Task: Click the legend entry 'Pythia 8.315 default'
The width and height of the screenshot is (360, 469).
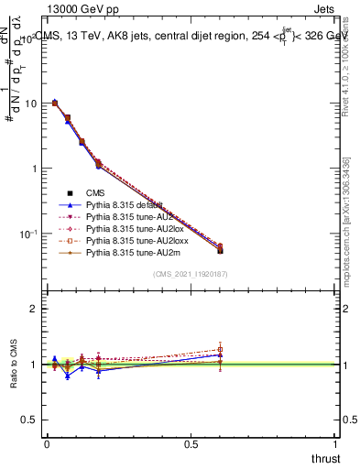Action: [x=123, y=205]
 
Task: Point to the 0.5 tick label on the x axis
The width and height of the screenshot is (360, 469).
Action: [x=191, y=443]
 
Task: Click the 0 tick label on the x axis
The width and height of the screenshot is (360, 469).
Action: [x=47, y=443]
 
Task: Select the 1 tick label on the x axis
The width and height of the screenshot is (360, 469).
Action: [x=336, y=443]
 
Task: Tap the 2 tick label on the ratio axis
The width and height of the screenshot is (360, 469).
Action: [x=33, y=309]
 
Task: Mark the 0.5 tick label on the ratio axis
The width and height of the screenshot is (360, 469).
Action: [x=29, y=420]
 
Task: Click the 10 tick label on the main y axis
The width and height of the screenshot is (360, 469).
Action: [x=29, y=104]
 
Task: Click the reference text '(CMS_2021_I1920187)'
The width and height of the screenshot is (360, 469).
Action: [x=191, y=274]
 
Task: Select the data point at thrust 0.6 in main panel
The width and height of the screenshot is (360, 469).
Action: [x=220, y=249]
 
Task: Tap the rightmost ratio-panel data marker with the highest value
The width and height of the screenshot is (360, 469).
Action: [x=220, y=349]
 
